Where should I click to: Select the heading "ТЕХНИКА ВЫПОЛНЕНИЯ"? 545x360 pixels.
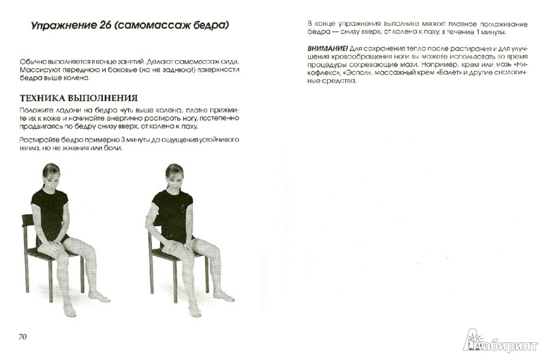coord(78,97)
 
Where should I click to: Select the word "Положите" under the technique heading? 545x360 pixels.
coord(39,111)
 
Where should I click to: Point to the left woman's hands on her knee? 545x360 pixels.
coord(56,242)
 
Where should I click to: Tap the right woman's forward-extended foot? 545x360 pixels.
coord(225,297)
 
